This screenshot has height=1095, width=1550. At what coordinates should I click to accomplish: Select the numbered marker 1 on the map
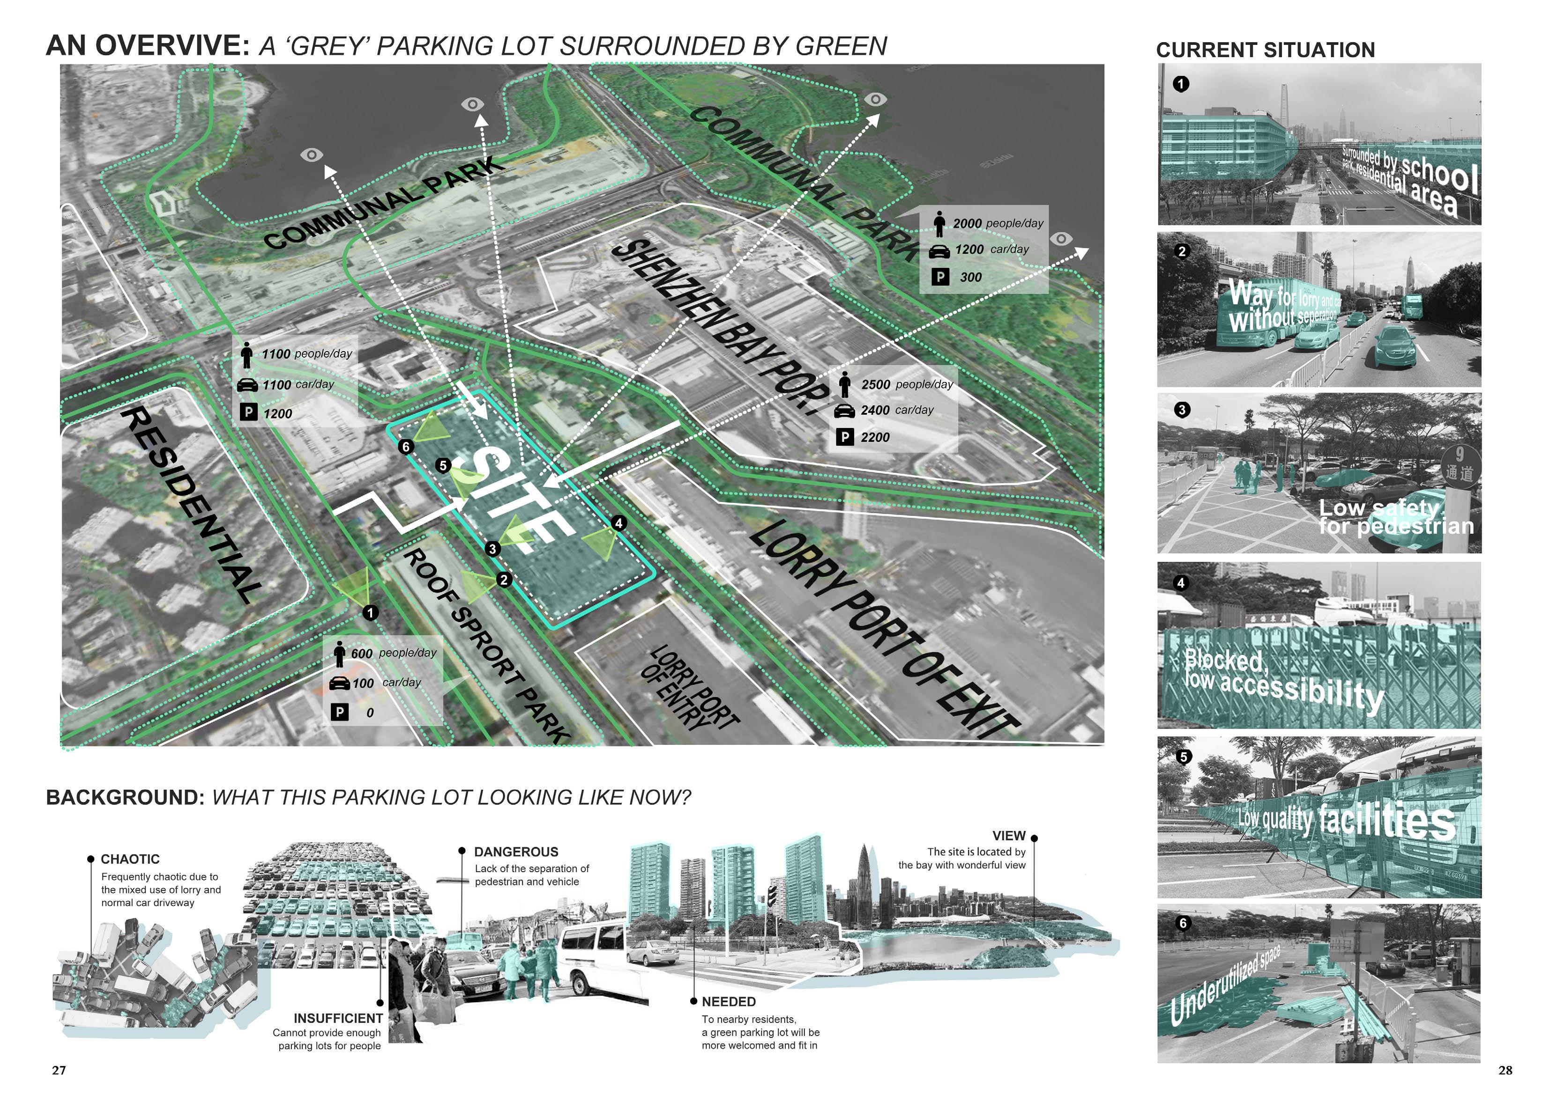[371, 613]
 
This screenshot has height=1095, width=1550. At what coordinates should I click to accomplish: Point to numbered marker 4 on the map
[619, 523]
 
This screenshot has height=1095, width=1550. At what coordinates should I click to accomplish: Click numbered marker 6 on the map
[406, 447]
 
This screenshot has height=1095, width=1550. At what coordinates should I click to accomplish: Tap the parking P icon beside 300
[940, 277]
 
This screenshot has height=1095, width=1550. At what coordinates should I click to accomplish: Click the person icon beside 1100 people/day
[247, 354]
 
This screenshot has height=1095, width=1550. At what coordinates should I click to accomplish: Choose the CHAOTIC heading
[130, 859]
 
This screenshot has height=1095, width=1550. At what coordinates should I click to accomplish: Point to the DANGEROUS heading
[516, 852]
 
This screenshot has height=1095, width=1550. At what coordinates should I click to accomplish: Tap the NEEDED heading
[729, 1002]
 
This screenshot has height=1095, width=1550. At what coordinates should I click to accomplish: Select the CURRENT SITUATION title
[1265, 50]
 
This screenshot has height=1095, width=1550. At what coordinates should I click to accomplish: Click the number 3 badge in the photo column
[1181, 410]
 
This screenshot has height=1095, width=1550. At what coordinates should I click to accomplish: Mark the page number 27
[59, 1070]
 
